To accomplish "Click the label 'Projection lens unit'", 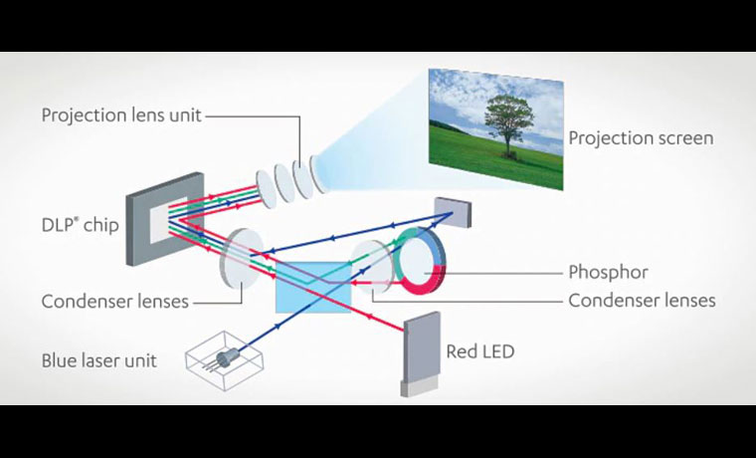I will [120, 115].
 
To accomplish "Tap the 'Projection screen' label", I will [641, 138].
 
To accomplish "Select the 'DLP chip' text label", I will [81, 225].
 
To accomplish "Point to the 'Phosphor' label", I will [608, 272].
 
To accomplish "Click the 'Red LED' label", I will [480, 351].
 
